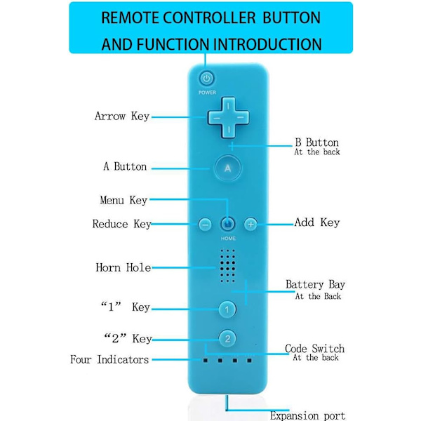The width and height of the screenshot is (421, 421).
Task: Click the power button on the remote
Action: pos(207,79)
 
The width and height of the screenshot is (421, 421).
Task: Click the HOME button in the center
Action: pos(227,224)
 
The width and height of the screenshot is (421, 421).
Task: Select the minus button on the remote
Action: pos(205,225)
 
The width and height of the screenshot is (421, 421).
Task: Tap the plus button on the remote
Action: pos(250,224)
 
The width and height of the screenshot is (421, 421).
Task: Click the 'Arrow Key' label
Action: pos(122,116)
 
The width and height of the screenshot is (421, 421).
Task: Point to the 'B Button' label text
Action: pos(316,142)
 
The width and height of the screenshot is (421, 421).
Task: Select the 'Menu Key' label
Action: pos(123,200)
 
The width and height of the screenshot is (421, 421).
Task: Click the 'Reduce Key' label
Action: pos(121,225)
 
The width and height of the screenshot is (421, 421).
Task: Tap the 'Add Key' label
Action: pos(317,222)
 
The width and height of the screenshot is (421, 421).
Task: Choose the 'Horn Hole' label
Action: pos(123,267)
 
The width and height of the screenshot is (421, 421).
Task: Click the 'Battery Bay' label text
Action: pos(315,285)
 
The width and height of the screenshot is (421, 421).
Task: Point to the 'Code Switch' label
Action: pos(314,349)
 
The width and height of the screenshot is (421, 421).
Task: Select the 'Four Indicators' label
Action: pos(109,360)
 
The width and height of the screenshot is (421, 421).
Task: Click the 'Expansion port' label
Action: pos(307,415)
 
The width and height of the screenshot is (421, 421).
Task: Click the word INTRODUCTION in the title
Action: pos(269,45)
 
